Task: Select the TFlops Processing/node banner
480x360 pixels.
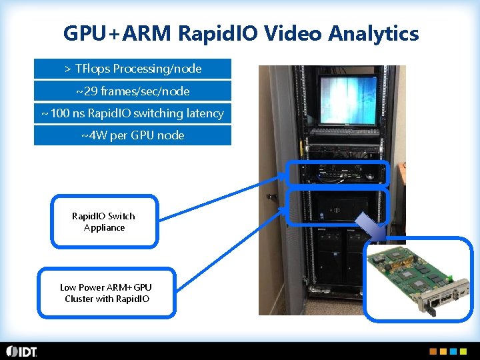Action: coord(133,69)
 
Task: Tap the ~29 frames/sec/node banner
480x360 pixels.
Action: coord(133,91)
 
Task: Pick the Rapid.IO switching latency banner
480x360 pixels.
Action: coord(133,113)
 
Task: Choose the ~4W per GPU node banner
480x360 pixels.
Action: coord(133,135)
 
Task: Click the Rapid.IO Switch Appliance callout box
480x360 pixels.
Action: coord(104,222)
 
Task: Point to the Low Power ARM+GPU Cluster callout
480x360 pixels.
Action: coord(107,293)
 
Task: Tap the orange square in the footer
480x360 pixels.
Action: coord(433,351)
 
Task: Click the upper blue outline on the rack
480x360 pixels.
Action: coord(337,173)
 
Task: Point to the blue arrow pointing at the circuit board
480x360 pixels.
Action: coord(371,227)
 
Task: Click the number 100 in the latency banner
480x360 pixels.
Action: coord(59,113)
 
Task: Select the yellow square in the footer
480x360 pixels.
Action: coord(444,351)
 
